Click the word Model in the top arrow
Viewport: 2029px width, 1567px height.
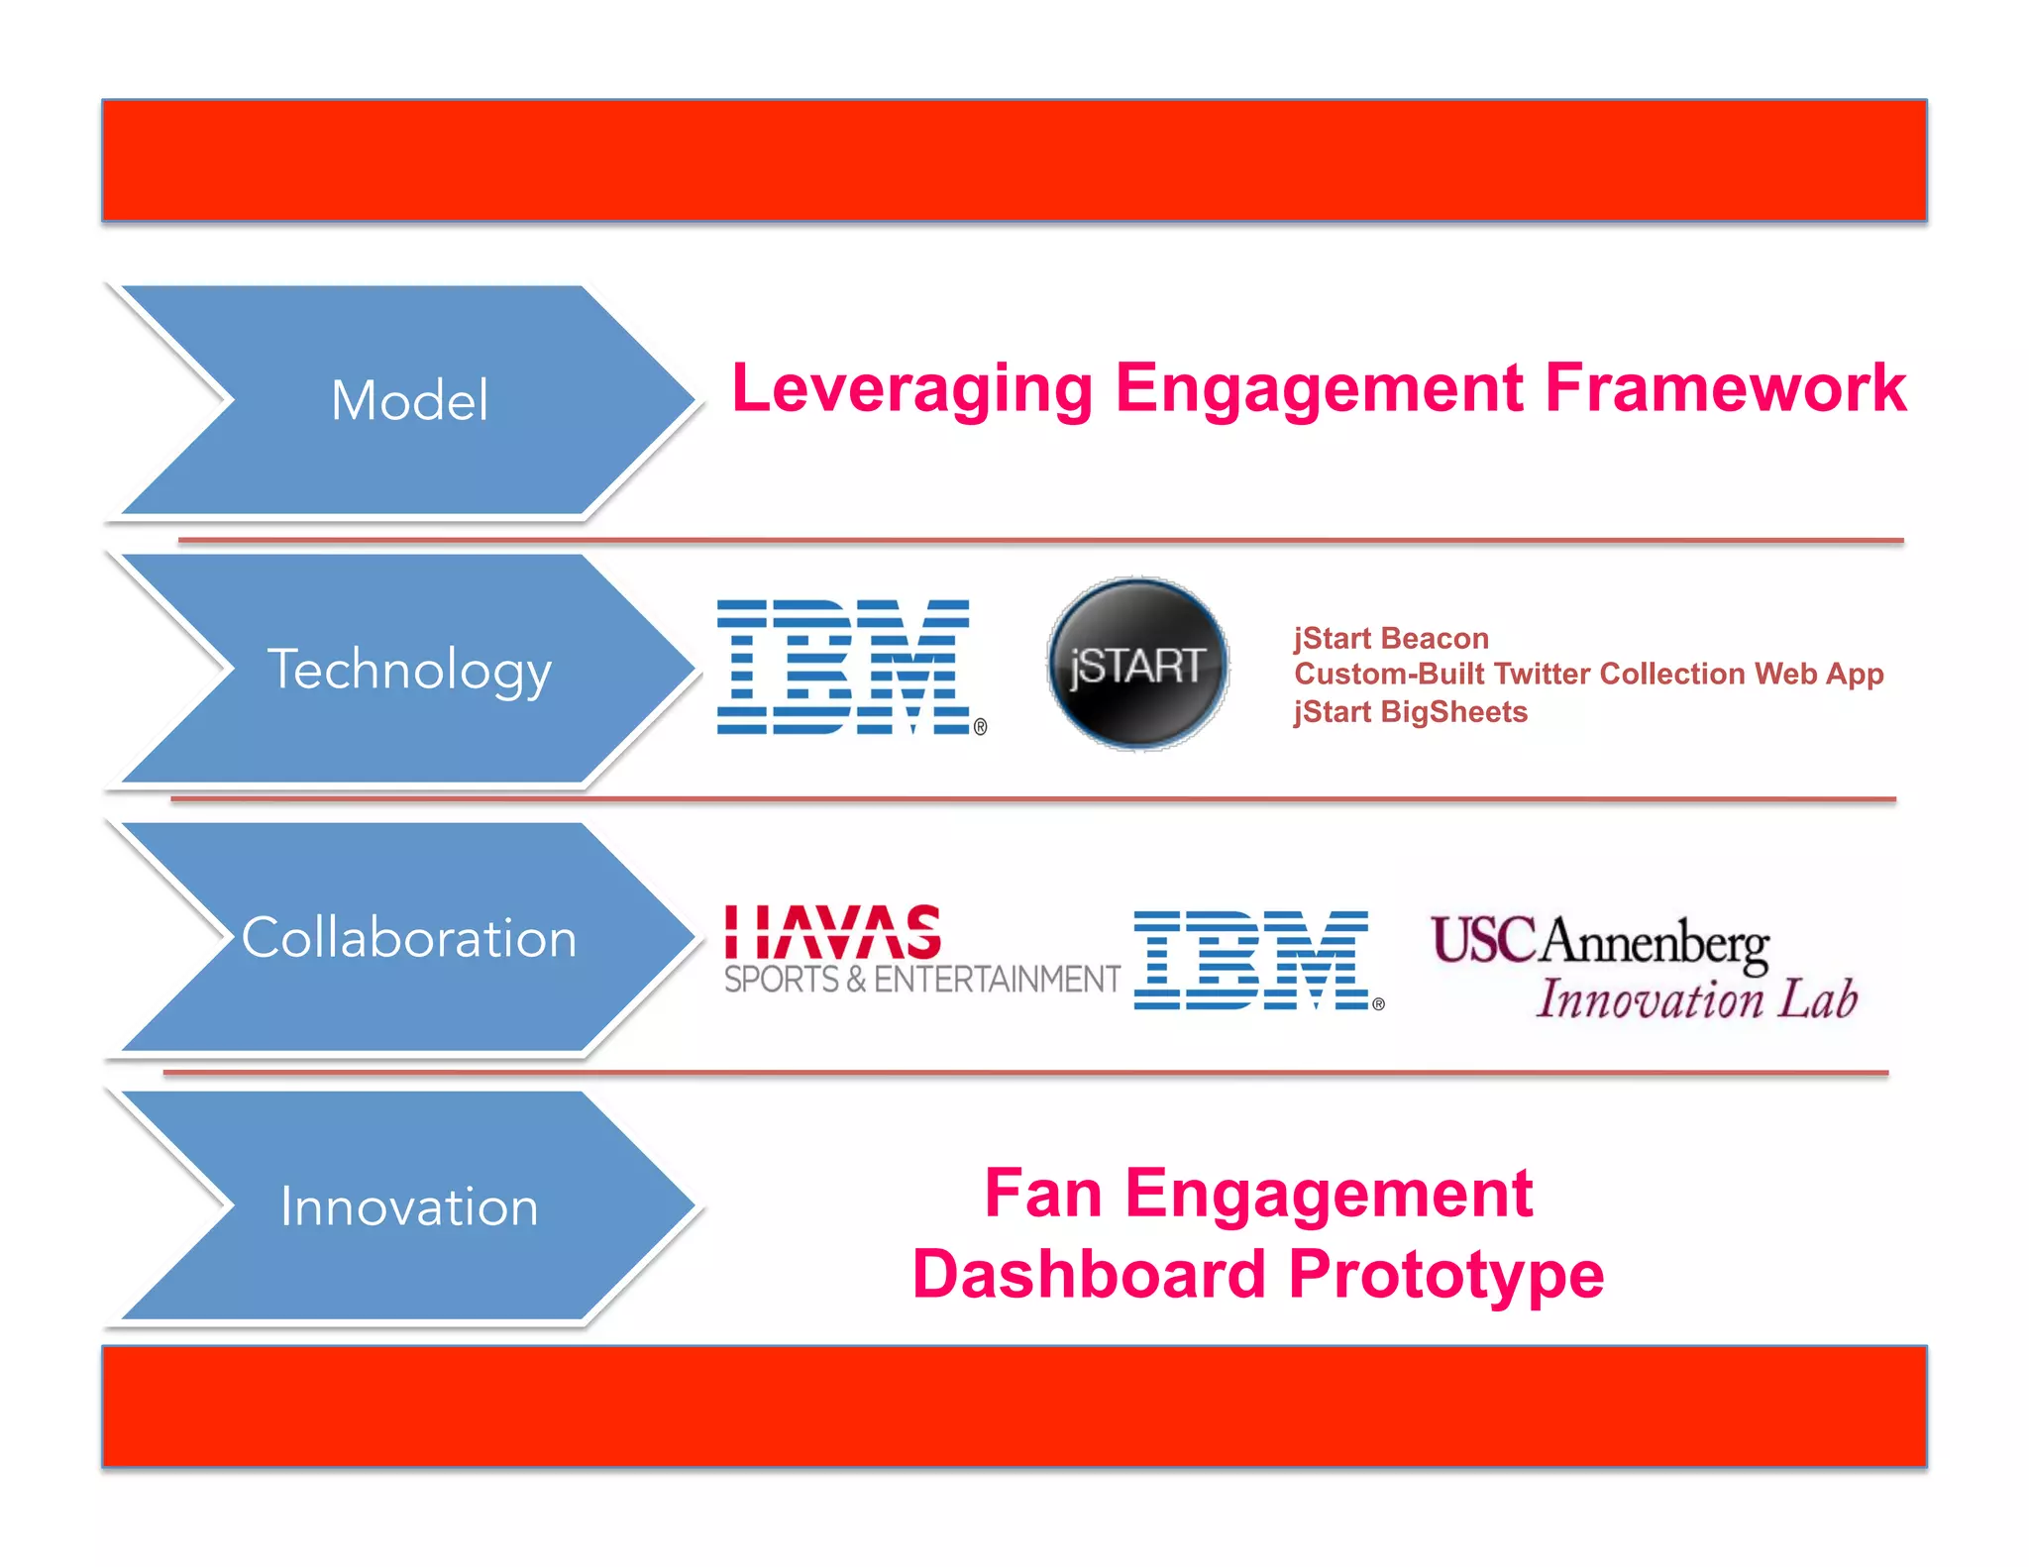[409, 401]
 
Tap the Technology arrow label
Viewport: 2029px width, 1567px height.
[409, 671]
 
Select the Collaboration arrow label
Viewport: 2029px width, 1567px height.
[409, 938]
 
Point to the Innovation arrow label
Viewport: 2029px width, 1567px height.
[409, 1206]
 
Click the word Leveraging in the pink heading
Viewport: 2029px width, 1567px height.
[911, 388]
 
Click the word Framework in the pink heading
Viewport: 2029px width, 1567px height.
[1725, 388]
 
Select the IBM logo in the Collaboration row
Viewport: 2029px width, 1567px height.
[1251, 960]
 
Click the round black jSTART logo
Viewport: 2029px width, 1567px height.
[1137, 665]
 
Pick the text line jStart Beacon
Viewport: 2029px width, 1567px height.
[1391, 639]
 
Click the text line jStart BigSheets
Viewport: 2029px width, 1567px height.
[1410, 712]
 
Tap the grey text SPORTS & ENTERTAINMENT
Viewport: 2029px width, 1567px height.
[921, 980]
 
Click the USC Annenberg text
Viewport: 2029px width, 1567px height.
[1600, 941]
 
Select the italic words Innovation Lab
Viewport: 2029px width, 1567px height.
[1696, 998]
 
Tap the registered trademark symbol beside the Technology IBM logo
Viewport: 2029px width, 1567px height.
[980, 727]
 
